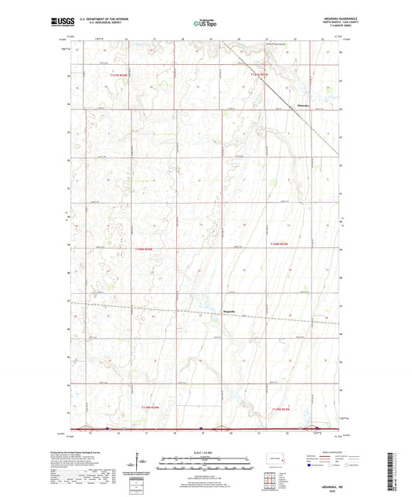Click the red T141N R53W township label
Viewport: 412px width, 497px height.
[x=263, y=75]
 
